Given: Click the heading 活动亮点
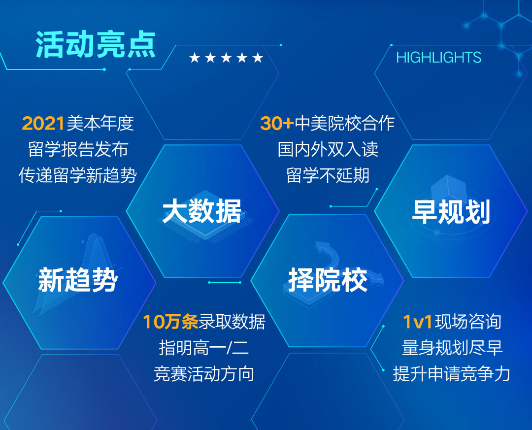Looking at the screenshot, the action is pyautogui.click(x=96, y=44).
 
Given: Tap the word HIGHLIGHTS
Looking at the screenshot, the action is pyautogui.click(x=439, y=57).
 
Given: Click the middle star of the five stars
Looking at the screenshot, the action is pyautogui.click(x=226, y=58).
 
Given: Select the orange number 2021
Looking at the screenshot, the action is pyautogui.click(x=43, y=123).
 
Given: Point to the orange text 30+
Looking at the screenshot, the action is pyautogui.click(x=277, y=123).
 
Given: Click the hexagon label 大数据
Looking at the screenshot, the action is pyautogui.click(x=202, y=211).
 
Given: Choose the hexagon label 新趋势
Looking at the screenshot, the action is pyautogui.click(x=78, y=280).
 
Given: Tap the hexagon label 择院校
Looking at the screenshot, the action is pyautogui.click(x=328, y=280).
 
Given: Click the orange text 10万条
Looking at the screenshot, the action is pyautogui.click(x=170, y=322).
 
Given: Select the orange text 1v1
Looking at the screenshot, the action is pyautogui.click(x=417, y=322).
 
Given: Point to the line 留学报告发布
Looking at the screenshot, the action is pyautogui.click(x=78, y=149).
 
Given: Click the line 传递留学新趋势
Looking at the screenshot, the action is pyautogui.click(x=78, y=175).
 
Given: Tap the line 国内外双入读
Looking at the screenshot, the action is pyautogui.click(x=328, y=149).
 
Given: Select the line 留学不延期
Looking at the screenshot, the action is pyautogui.click(x=328, y=175).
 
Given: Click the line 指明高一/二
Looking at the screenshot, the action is pyautogui.click(x=204, y=348).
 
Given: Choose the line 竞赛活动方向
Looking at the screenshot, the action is pyautogui.click(x=204, y=374).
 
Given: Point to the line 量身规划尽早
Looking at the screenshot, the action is pyautogui.click(x=452, y=348).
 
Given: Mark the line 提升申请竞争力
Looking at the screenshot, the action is pyautogui.click(x=452, y=374).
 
